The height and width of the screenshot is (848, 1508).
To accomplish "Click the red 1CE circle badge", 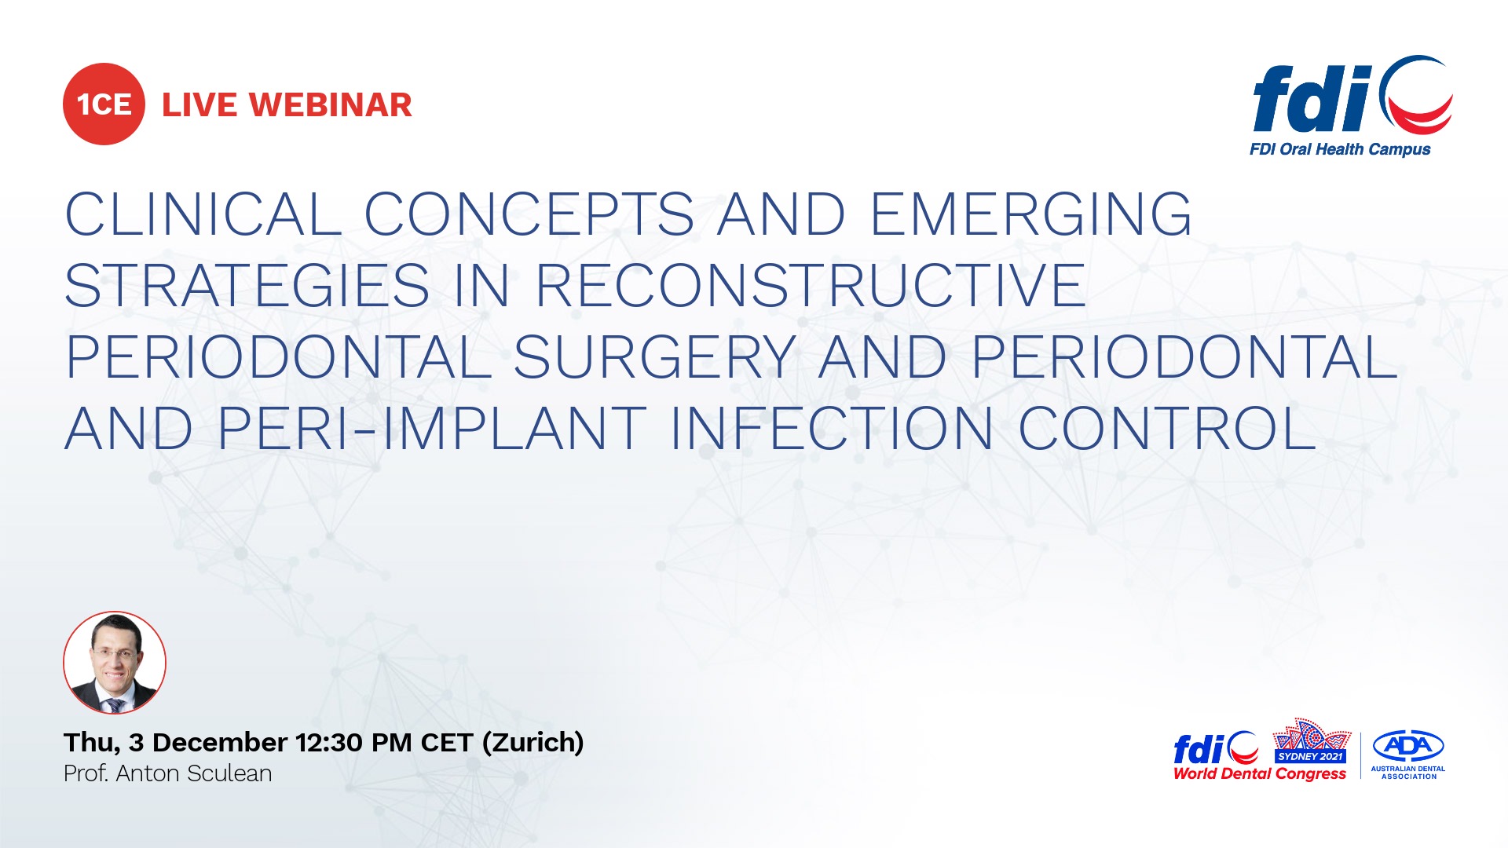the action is click(x=104, y=104).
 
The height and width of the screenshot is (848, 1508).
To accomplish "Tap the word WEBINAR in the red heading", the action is click(x=331, y=105).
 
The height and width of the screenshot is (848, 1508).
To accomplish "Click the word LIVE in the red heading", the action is click(x=199, y=105).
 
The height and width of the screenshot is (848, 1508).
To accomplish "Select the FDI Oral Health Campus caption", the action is click(x=1340, y=149).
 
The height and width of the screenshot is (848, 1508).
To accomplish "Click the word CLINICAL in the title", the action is click(x=203, y=214).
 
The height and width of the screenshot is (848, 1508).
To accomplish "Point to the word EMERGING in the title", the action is click(x=1031, y=214).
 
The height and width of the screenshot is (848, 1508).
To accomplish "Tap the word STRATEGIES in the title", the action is click(x=247, y=285).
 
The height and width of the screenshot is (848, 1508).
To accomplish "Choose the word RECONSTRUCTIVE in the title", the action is click(x=811, y=285).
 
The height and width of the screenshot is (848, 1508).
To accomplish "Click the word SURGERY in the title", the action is click(x=655, y=357).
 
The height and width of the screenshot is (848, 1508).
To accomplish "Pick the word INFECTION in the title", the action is click(x=833, y=429).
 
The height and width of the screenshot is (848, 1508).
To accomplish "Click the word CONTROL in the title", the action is click(x=1167, y=429).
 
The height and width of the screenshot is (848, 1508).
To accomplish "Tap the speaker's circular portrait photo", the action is click(x=115, y=663).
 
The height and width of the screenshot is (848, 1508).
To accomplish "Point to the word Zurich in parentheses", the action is click(x=533, y=743).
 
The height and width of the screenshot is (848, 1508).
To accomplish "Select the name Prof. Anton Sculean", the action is click(x=168, y=774).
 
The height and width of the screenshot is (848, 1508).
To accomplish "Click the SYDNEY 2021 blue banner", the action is click(x=1310, y=756).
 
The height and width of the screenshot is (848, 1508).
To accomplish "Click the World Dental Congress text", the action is click(x=1260, y=774).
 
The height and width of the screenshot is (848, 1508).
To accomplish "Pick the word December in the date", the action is click(x=220, y=743).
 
